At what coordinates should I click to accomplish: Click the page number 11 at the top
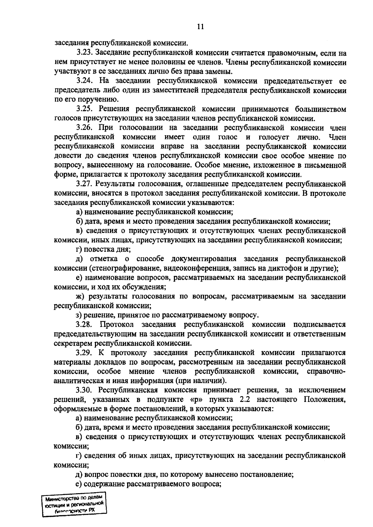tap(200, 27)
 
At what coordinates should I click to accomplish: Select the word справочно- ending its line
tap(326, 372)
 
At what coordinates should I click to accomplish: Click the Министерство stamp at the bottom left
tap(74, 505)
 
